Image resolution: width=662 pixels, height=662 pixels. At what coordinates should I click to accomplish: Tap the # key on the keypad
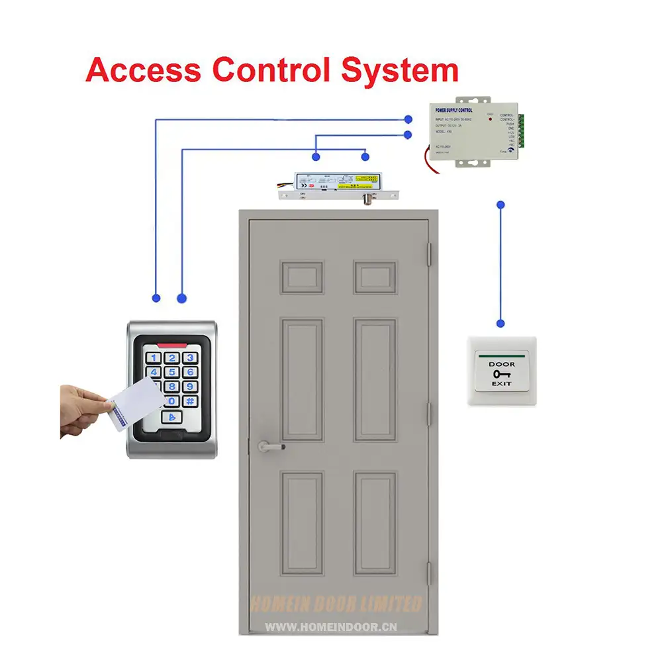[189, 401]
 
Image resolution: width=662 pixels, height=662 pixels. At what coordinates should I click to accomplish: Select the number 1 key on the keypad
[154, 359]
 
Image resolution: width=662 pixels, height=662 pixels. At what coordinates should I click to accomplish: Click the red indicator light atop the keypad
[172, 345]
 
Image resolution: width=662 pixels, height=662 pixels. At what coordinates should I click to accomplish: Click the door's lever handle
[267, 447]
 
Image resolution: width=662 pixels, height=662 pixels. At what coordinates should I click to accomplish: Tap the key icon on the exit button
[501, 374]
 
